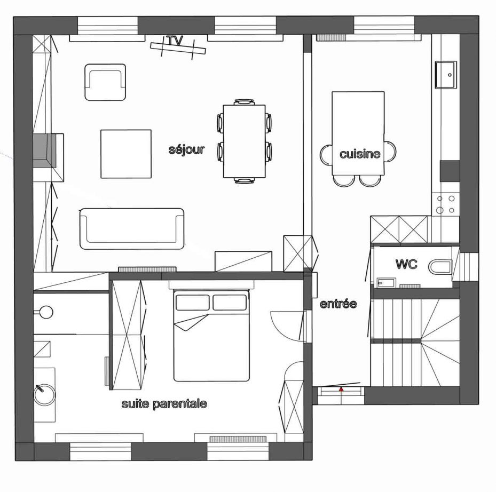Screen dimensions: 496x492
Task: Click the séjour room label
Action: pyautogui.click(x=187, y=149)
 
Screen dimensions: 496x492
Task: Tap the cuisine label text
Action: pyautogui.click(x=360, y=154)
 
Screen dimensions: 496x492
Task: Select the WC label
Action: pyautogui.click(x=406, y=264)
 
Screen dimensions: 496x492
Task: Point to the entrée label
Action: pyautogui.click(x=338, y=304)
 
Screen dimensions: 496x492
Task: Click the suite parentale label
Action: pyautogui.click(x=164, y=404)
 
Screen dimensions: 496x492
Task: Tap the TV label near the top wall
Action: pyautogui.click(x=175, y=41)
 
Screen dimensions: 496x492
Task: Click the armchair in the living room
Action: pyautogui.click(x=105, y=82)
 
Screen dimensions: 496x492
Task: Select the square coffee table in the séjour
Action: pyautogui.click(x=126, y=154)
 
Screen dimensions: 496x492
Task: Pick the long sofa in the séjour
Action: pyautogui.click(x=131, y=228)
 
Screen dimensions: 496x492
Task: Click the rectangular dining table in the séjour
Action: pyautogui.click(x=244, y=141)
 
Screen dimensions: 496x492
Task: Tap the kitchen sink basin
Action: pyautogui.click(x=446, y=75)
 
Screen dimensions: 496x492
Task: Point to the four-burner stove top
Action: pyautogui.click(x=445, y=204)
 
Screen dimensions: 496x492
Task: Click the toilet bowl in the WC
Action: pyautogui.click(x=440, y=267)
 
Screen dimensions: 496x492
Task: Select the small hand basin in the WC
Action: pyautogui.click(x=386, y=283)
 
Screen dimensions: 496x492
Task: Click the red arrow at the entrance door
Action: pyautogui.click(x=341, y=389)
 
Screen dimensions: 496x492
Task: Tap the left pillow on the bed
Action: pyautogui.click(x=192, y=302)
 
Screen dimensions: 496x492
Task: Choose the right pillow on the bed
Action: pyautogui.click(x=230, y=302)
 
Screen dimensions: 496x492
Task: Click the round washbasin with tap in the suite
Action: pyautogui.click(x=45, y=394)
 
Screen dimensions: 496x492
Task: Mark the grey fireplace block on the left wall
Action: pyautogui.click(x=45, y=151)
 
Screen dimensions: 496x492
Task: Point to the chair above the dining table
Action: pyautogui.click(x=244, y=102)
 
